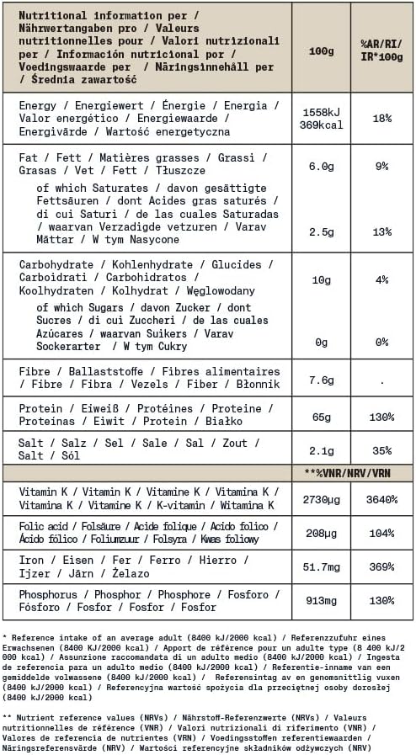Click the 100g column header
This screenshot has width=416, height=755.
[x=321, y=51]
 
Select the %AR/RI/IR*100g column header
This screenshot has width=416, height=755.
[x=382, y=51]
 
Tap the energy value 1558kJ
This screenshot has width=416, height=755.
[x=321, y=112]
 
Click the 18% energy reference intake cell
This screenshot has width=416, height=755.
[x=382, y=119]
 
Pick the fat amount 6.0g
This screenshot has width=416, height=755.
[x=321, y=167]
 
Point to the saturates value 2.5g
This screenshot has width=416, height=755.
[x=321, y=231]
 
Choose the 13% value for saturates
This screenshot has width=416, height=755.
[x=382, y=231]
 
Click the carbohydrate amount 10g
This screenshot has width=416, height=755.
[x=321, y=279]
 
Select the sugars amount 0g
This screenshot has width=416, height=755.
[x=321, y=342]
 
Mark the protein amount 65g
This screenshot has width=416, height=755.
[x=321, y=416]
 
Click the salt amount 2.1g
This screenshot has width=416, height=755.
[x=321, y=450]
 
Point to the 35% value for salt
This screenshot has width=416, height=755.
[x=382, y=450]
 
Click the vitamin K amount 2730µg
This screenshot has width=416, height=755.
[x=321, y=499]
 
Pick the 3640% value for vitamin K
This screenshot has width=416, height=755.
[x=382, y=499]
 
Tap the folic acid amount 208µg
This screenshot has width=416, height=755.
[x=321, y=533]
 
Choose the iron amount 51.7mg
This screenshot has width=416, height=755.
[x=321, y=568]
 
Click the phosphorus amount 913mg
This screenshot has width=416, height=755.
[x=321, y=601]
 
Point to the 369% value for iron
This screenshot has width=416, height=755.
[x=382, y=568]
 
